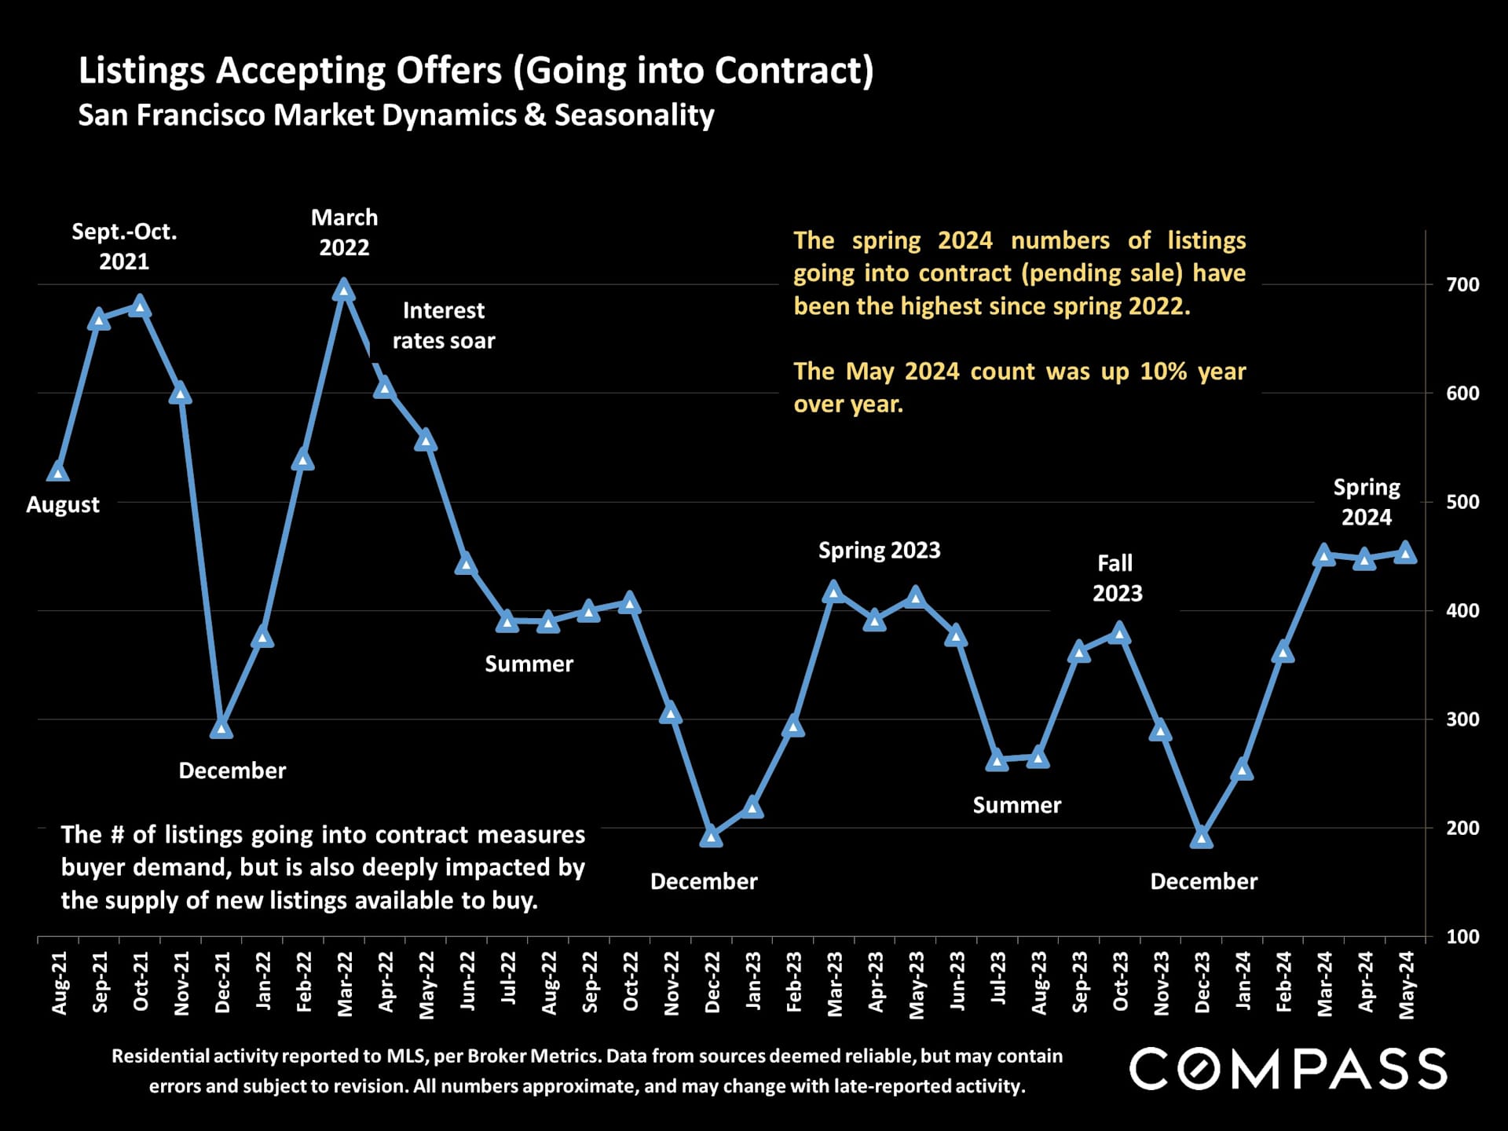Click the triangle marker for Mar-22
coord(343,291)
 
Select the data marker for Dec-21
coord(221,729)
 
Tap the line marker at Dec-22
coord(712,836)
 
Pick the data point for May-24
coord(1406,554)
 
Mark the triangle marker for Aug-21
coord(58,471)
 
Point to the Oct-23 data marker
coord(1120,633)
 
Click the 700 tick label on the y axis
coord(1462,285)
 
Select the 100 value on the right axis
coord(1462,936)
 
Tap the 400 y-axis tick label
coord(1462,610)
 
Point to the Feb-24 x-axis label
coord(1284,982)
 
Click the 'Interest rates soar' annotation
coord(444,326)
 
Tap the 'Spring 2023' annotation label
coord(879,551)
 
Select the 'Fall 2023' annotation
coord(1116,578)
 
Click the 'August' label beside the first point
coord(63,505)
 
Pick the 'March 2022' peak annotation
coord(344,232)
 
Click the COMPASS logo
coord(1287,1068)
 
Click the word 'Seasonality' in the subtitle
coord(634,115)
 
